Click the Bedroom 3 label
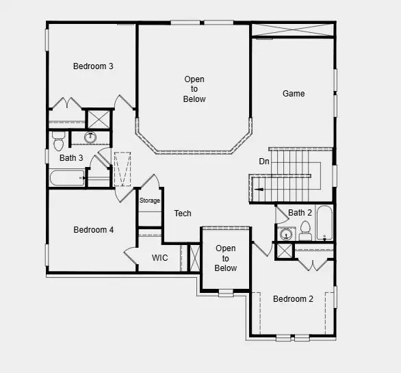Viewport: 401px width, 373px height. point(93,66)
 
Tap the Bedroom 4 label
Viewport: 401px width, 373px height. point(93,230)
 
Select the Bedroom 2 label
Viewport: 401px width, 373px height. point(293,299)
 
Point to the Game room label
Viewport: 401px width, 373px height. point(294,94)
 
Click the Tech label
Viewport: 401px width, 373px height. point(183,214)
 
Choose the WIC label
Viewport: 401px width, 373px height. point(160,258)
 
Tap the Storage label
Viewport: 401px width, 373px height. point(150,201)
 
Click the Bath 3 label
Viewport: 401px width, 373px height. point(71,158)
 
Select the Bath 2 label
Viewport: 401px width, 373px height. point(300,213)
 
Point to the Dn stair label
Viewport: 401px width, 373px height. point(264,162)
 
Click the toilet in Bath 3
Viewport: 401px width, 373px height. point(58,142)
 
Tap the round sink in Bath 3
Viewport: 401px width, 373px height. point(90,138)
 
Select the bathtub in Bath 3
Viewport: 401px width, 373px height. point(67,179)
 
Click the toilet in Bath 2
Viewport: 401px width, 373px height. point(305,233)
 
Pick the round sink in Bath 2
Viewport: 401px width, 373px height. point(286,234)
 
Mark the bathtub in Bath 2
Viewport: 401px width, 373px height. point(324,222)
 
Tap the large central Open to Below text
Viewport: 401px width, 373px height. point(194,90)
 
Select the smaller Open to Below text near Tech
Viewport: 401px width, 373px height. point(225,258)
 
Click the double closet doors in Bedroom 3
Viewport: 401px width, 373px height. point(66,104)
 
